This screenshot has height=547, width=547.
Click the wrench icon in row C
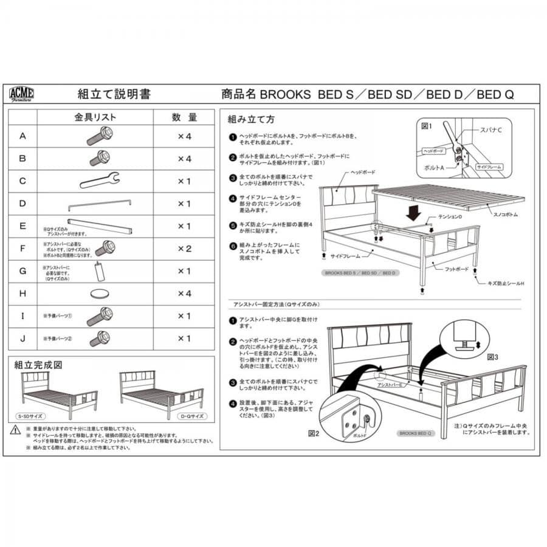tap(100, 180)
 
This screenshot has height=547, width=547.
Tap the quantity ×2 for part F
tap(184, 248)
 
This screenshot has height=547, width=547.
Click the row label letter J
tap(23, 338)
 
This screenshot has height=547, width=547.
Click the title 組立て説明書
tap(114, 94)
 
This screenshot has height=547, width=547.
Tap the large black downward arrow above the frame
tap(413, 212)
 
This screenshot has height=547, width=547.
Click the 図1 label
tap(427, 126)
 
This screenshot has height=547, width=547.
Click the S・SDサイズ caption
tap(32, 416)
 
